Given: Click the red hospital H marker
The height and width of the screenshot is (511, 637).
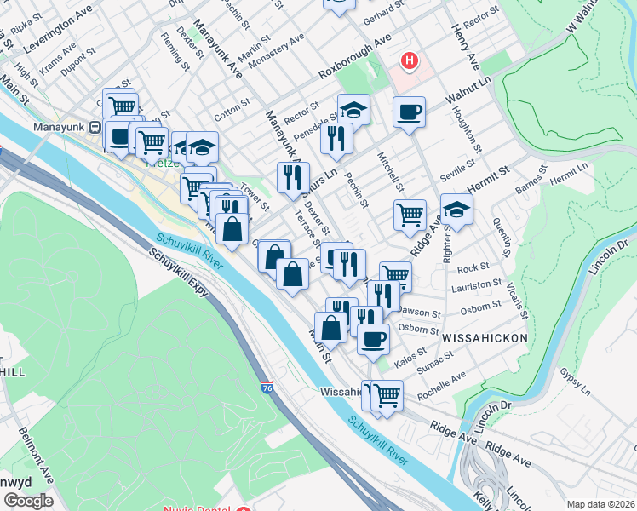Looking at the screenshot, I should coord(410,61).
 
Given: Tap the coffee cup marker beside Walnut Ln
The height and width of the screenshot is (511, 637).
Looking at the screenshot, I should coord(409,112).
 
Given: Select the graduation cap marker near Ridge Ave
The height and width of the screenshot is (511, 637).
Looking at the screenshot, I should coord(456,210).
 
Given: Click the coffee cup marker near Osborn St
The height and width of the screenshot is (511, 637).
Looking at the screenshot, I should coord(372,339).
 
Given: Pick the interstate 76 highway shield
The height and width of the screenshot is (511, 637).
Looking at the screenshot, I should coord(267,387).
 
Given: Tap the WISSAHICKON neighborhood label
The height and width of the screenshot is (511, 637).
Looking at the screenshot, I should coord(485,338).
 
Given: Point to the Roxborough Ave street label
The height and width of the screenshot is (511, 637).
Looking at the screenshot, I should coord(354,56).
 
